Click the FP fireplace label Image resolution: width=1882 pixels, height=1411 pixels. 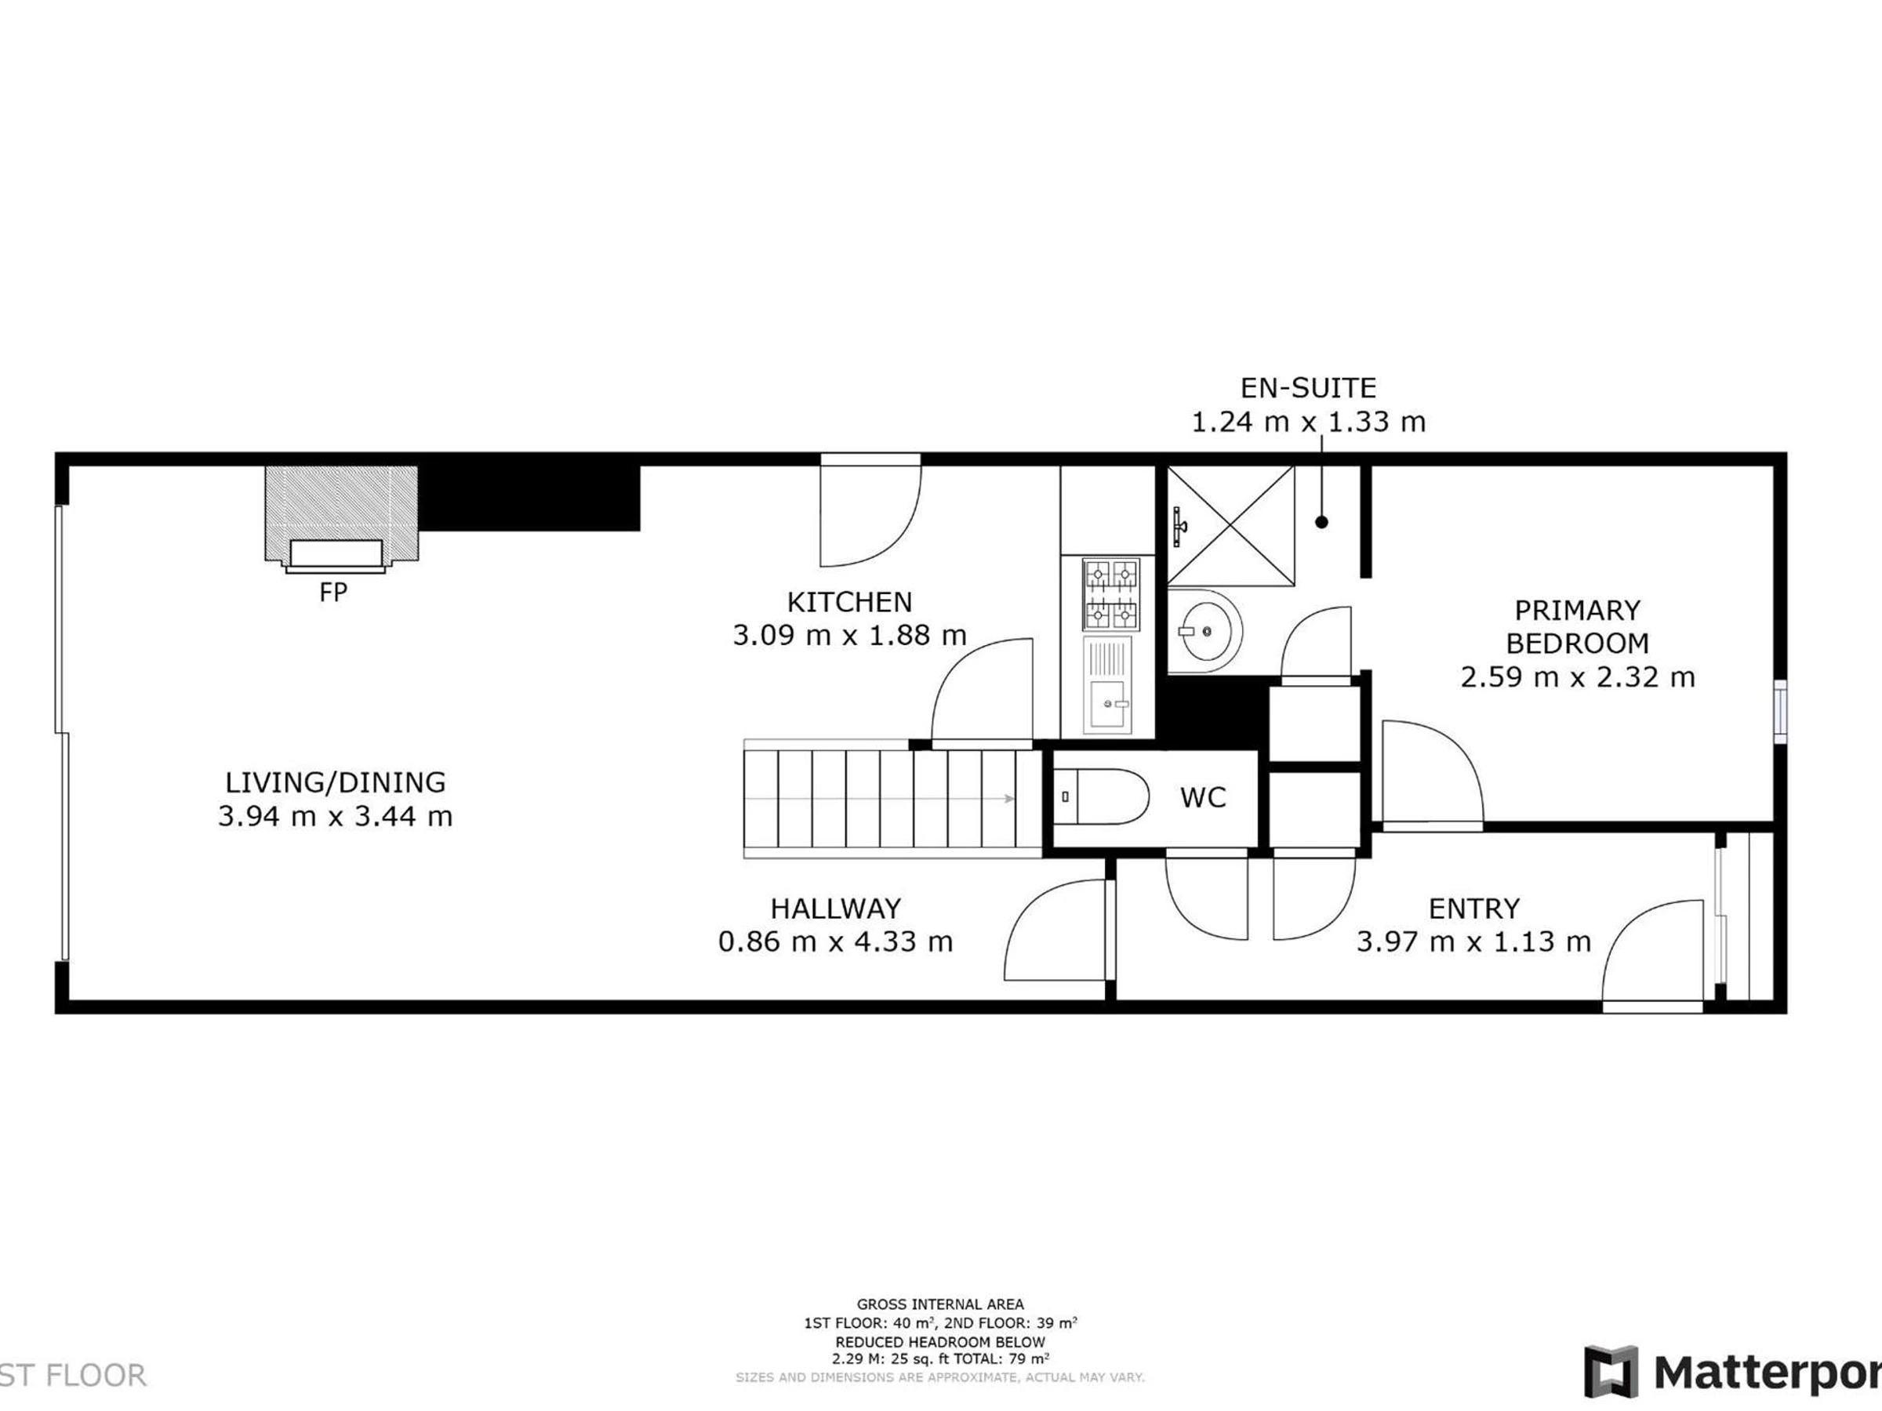(333, 592)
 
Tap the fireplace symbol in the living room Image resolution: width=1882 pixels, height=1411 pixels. (341, 519)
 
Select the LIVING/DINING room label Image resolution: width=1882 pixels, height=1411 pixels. (335, 782)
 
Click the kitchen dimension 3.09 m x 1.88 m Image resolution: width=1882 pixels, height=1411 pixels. (849, 635)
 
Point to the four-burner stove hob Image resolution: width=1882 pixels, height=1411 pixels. (1110, 593)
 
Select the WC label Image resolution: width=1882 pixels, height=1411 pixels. (1203, 797)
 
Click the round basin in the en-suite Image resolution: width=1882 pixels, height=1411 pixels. (1204, 630)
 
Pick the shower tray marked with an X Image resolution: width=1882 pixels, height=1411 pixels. (1231, 526)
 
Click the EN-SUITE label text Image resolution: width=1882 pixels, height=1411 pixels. (1308, 389)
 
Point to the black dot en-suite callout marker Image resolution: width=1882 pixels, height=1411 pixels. (1321, 522)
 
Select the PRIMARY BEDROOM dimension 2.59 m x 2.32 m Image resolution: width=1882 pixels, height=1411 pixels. (1578, 677)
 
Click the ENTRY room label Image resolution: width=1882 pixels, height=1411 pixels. (1473, 909)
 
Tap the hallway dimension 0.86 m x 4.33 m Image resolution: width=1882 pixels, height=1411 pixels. (835, 941)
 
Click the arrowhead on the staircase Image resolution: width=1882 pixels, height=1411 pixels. (1009, 799)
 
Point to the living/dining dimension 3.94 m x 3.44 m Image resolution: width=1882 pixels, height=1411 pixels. (335, 817)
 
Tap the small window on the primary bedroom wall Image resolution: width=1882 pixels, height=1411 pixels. (1780, 712)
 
